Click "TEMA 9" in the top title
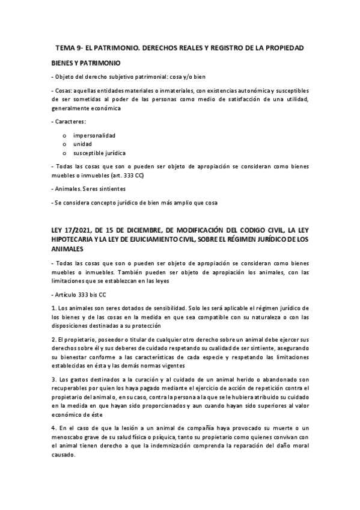coord(69,47)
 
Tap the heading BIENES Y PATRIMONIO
coord(86,62)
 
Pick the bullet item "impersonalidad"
coord(94,135)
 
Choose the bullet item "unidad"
coord(83,144)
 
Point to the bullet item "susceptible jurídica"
coord(100,153)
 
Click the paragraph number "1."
coord(54,308)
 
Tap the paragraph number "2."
coord(54,340)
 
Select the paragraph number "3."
coord(54,380)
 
